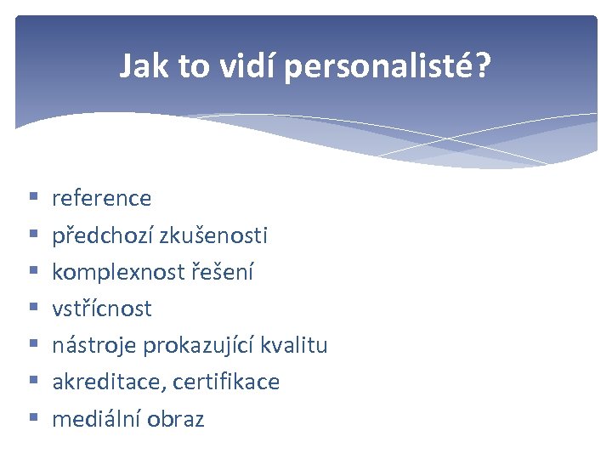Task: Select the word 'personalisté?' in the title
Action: point(388,66)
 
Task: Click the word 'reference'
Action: point(101,199)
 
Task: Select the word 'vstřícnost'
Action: point(101,309)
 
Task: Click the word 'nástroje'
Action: point(94,346)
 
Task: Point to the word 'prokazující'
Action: point(200,346)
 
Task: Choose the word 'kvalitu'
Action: point(295,346)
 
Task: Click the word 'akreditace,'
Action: point(109,382)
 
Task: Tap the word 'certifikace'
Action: point(226,382)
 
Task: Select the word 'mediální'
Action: point(96,419)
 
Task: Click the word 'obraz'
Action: point(176,419)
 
